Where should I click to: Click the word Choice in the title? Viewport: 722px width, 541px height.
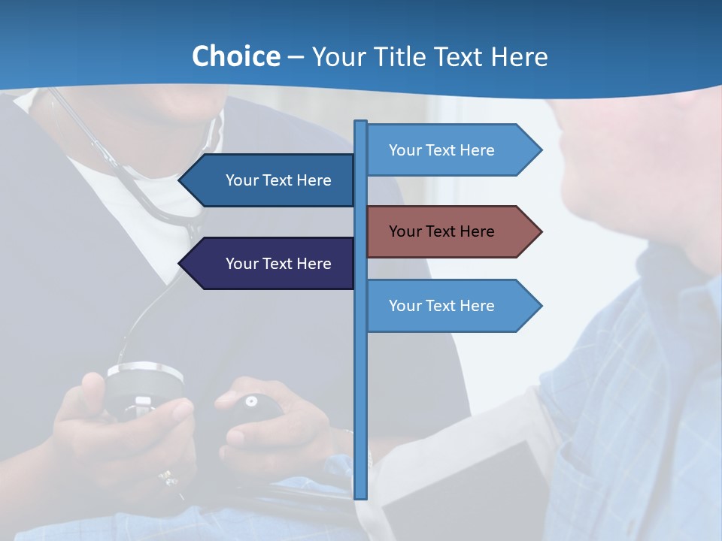(x=235, y=56)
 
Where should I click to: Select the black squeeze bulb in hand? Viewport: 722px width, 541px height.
(x=256, y=410)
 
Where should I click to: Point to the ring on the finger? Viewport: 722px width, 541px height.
(x=166, y=476)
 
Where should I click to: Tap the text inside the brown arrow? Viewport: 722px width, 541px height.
(x=441, y=231)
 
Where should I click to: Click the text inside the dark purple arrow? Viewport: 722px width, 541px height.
(x=278, y=264)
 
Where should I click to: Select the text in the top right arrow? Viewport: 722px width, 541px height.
(x=441, y=150)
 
